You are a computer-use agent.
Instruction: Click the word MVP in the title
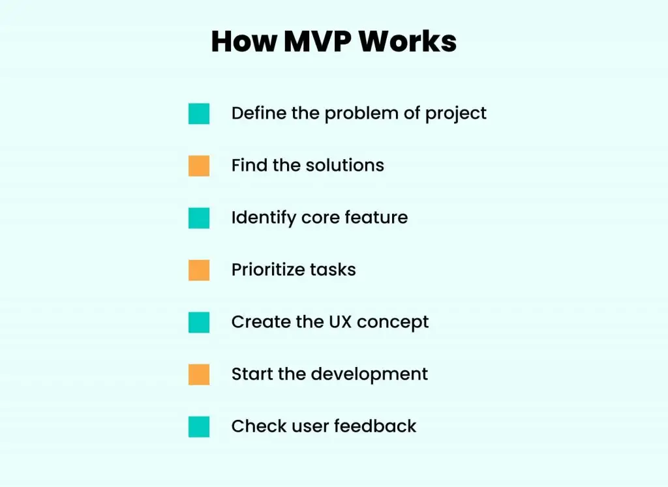318,41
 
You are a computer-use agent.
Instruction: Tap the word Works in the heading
408,41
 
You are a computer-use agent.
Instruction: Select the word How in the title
244,41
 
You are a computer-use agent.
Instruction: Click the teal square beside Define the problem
199,113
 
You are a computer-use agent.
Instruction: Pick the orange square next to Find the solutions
199,166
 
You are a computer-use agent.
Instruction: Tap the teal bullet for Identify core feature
199,218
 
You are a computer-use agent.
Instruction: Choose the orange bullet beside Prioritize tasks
199,271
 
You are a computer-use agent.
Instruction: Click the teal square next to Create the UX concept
199,322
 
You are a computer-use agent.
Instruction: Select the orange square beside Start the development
199,375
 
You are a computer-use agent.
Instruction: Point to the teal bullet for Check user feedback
199,426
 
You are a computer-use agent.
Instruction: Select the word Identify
264,218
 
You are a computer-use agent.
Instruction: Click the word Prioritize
267,270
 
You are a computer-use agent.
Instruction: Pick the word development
369,375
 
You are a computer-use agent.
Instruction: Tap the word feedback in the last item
375,426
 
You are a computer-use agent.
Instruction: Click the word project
456,114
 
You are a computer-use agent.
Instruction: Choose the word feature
376,218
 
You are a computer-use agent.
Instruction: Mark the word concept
393,323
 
